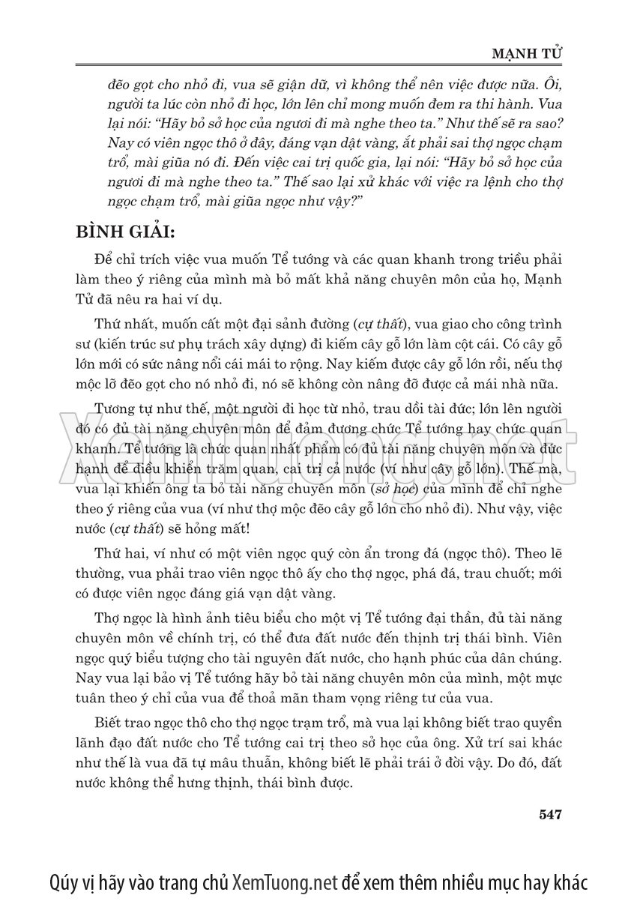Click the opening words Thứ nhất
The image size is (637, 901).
[x=121, y=325]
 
